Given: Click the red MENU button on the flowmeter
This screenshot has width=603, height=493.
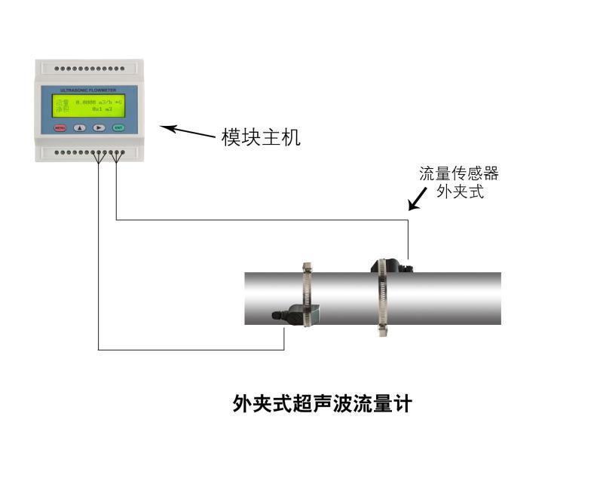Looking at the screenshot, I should click(x=60, y=127).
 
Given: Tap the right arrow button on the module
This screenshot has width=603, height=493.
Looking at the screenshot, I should click(x=99, y=127).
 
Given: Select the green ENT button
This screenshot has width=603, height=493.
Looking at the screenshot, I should click(x=118, y=127).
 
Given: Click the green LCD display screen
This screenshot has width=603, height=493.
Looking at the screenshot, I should click(x=89, y=106).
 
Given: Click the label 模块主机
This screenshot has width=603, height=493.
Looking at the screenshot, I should click(x=261, y=137).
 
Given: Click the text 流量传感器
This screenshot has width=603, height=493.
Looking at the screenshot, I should click(x=459, y=174).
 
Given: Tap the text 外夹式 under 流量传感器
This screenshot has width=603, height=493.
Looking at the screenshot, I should click(x=459, y=191).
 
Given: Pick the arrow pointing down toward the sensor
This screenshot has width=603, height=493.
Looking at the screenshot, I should click(x=415, y=201).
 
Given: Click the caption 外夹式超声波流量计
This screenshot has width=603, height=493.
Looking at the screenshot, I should click(x=323, y=403).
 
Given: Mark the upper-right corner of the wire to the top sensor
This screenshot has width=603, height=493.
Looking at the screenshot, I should click(x=408, y=220).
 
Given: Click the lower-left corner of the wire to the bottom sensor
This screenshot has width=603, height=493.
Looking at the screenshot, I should click(x=99, y=349).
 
